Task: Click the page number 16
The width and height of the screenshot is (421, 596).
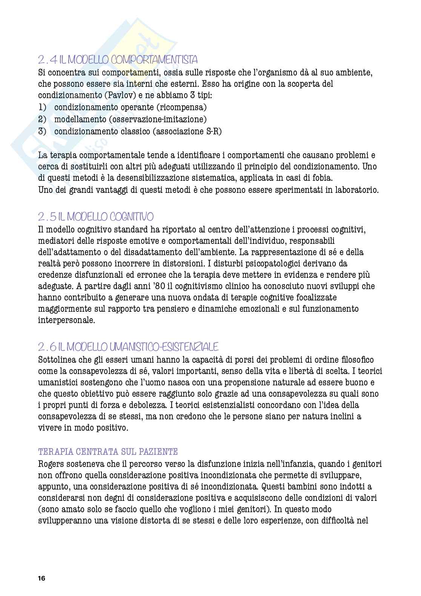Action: click(41, 578)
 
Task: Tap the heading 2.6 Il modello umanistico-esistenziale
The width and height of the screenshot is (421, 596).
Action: click(128, 347)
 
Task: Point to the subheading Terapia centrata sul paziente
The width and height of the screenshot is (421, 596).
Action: click(108, 451)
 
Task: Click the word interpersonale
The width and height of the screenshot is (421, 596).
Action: click(66, 320)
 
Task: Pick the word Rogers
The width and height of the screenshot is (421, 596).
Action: click(52, 464)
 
